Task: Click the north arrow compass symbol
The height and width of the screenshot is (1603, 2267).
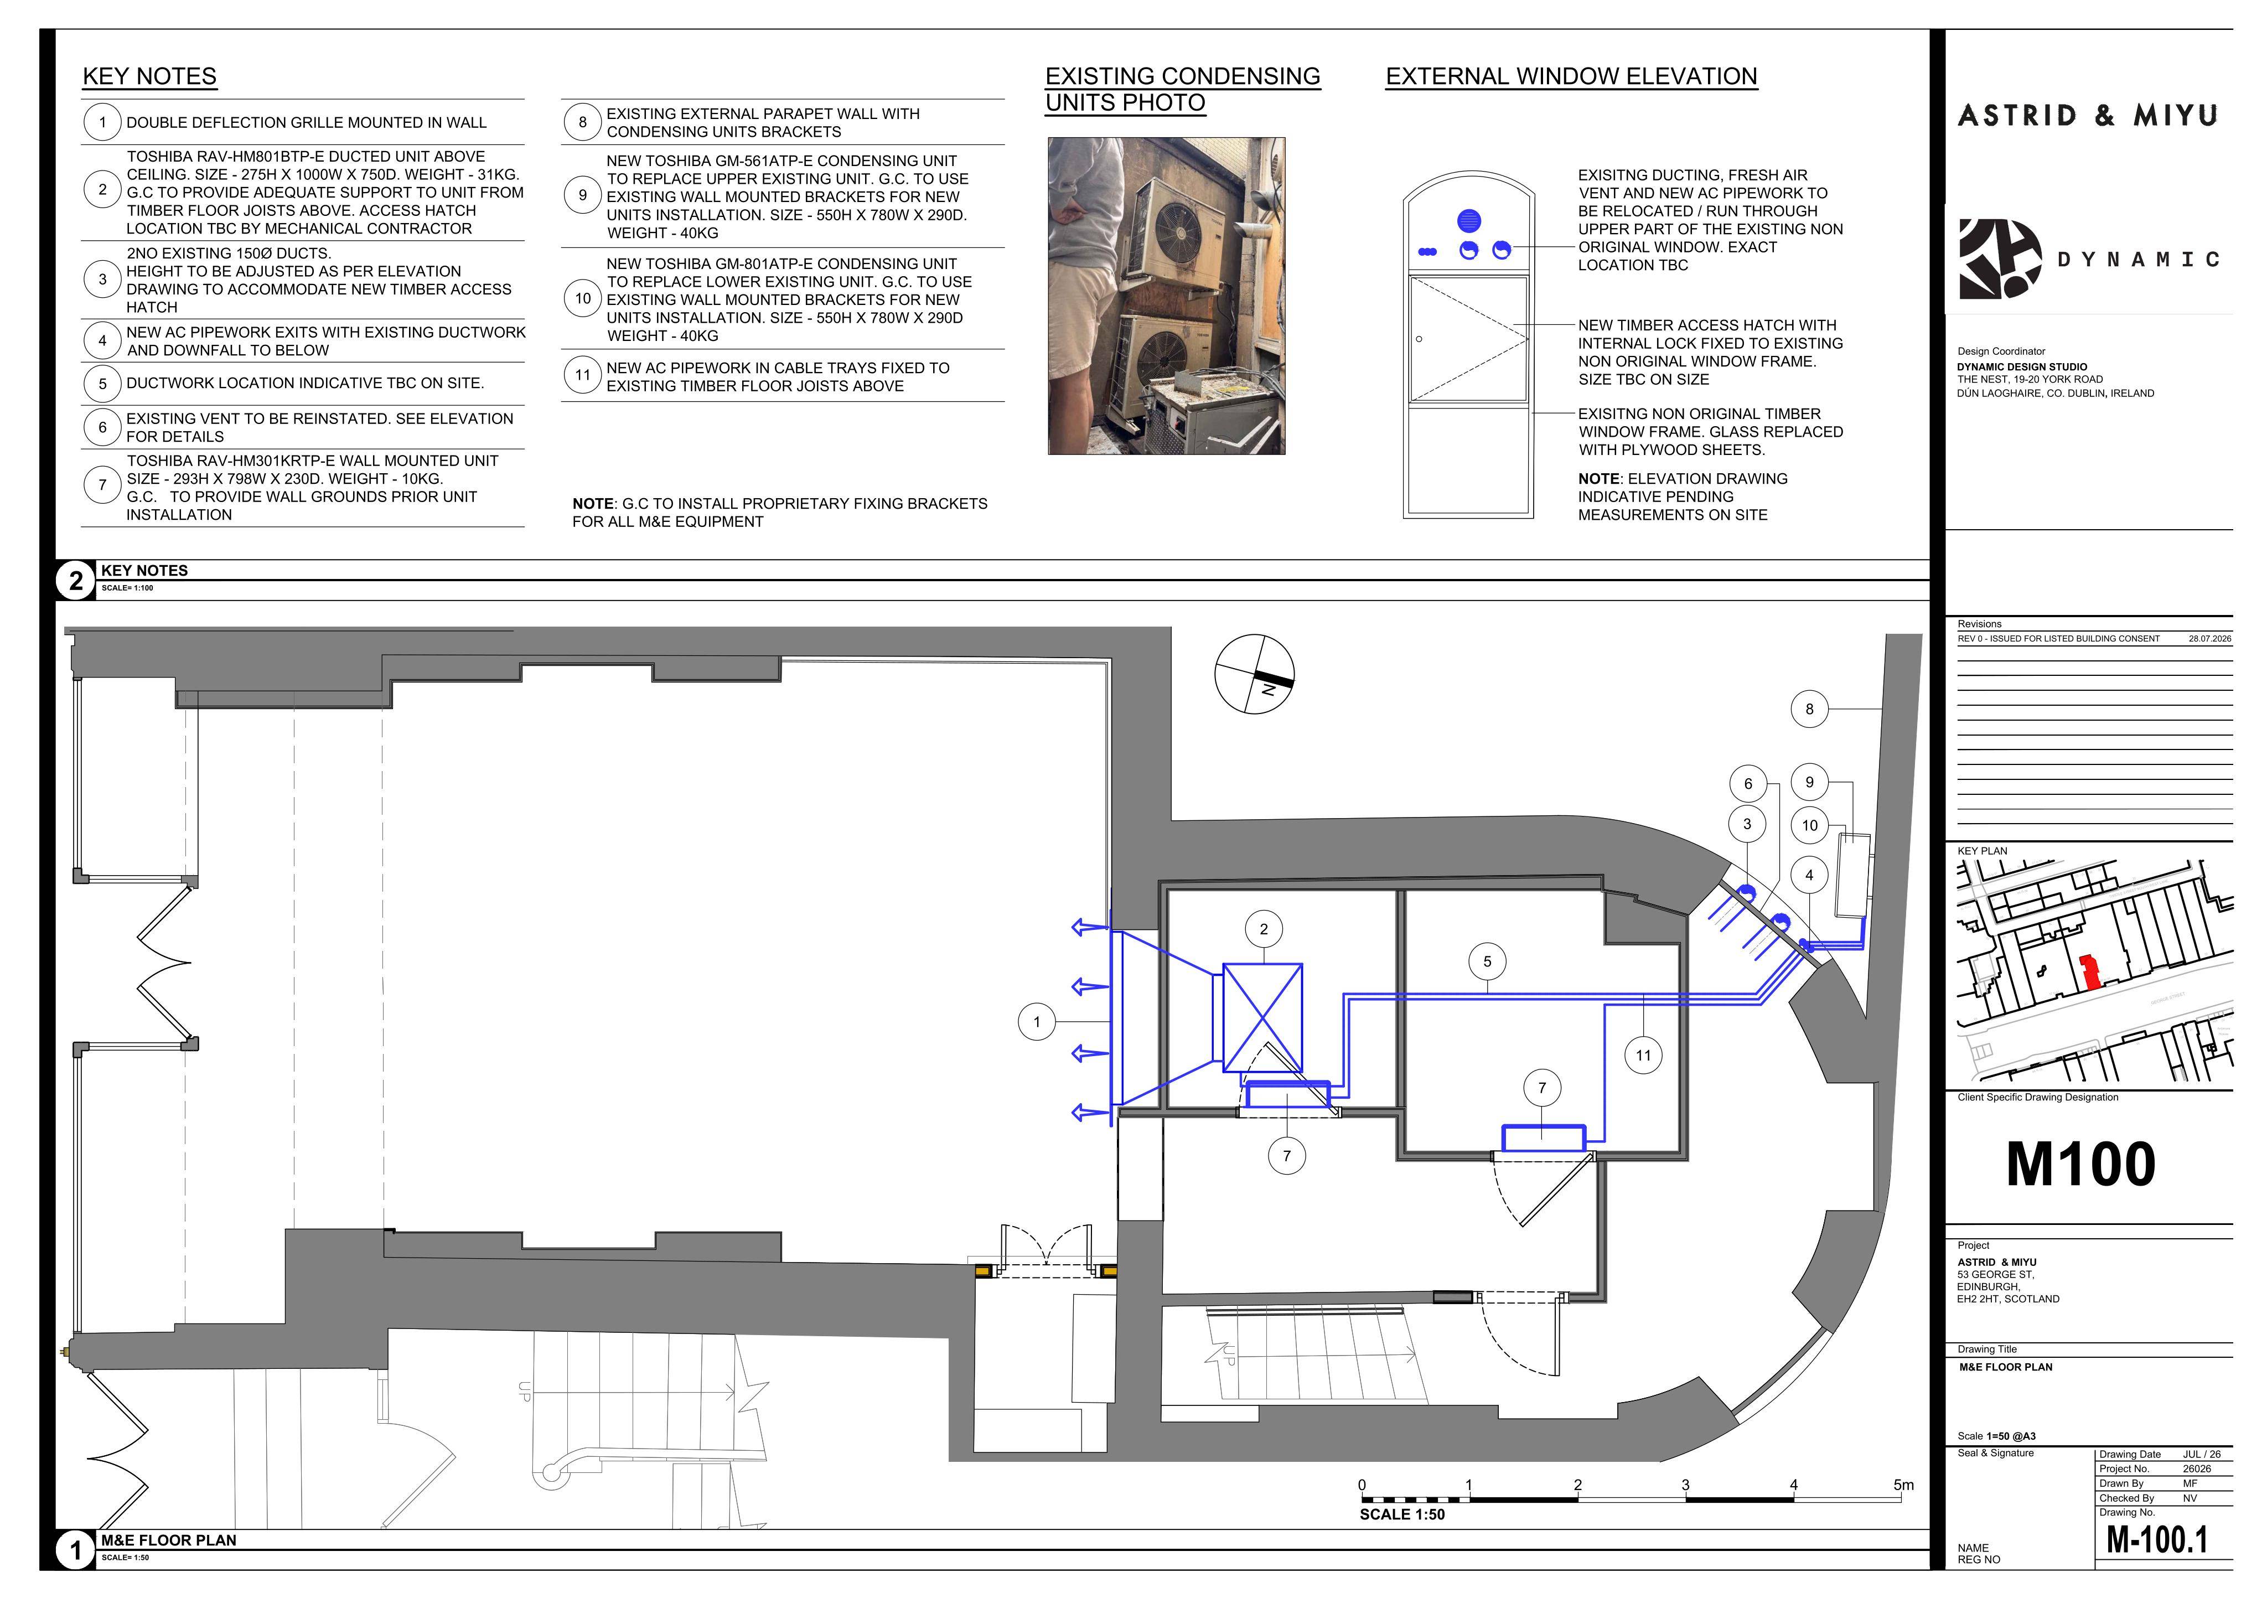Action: pos(1254,674)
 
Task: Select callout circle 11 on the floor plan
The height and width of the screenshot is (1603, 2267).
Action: pos(1643,1055)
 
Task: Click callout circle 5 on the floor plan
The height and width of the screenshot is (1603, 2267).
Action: pos(1487,961)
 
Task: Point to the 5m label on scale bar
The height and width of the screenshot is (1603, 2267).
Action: pos(1903,1485)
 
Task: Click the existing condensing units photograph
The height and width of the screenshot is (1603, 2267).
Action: pos(1166,296)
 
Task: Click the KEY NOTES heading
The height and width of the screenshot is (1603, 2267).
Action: pos(150,76)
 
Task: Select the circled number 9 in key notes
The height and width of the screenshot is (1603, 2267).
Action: pos(583,195)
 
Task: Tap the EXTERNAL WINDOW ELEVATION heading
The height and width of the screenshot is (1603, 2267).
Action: pos(1572,76)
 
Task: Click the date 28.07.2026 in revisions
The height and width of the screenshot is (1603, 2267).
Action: pos(2210,639)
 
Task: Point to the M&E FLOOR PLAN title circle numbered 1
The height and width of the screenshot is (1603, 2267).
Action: pos(76,1550)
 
